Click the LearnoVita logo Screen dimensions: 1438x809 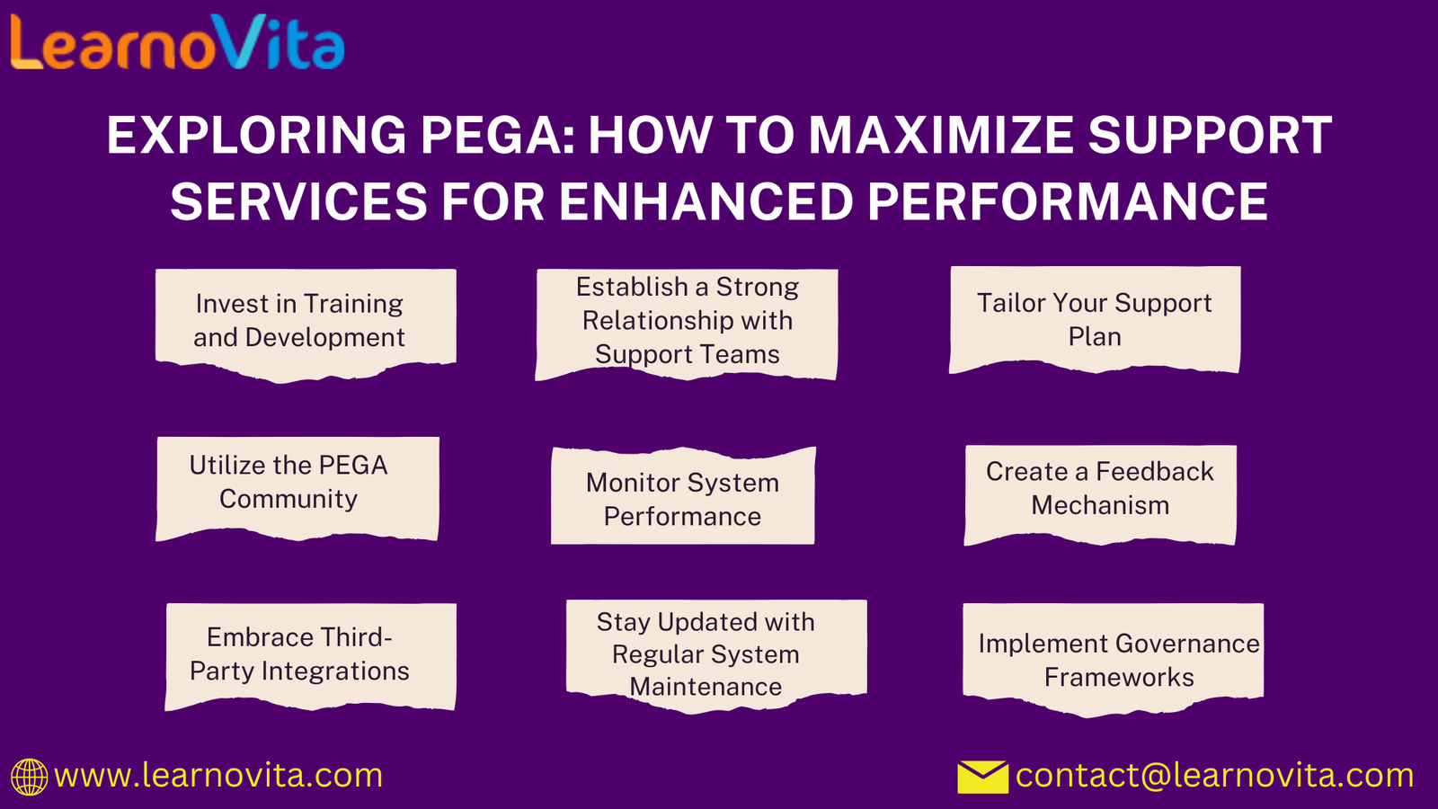pos(178,41)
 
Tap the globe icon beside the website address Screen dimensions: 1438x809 pos(29,777)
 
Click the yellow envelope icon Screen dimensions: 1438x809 pos(982,777)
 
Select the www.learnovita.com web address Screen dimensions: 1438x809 pos(218,776)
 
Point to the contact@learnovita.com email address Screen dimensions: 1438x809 pos(1214,776)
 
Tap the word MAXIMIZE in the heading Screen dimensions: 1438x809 pos(941,136)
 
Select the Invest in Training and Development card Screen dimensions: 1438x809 pos(306,325)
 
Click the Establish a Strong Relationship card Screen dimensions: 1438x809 pos(687,324)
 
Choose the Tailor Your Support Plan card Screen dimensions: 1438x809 pos(1095,320)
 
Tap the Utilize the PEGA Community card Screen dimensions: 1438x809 pos(297,489)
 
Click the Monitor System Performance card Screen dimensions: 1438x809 pos(683,495)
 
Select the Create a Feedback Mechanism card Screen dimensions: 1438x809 pos(1100,495)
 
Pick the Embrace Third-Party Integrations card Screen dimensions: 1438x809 pos(311,657)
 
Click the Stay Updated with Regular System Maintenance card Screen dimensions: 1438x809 pos(716,656)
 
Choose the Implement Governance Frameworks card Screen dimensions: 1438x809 pos(1114,660)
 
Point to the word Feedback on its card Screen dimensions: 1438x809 pos(1154,471)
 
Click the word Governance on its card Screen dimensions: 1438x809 pos(1187,644)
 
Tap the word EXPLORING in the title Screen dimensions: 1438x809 pos(256,136)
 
